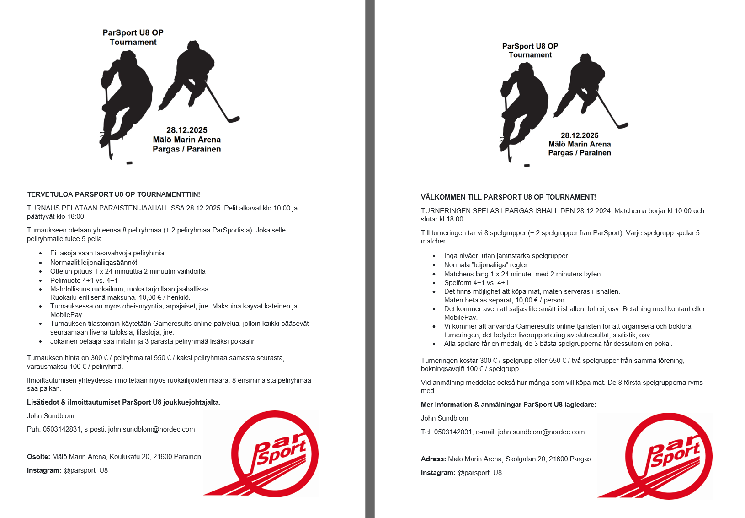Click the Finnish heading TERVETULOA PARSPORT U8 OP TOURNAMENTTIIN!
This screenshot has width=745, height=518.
coord(113,194)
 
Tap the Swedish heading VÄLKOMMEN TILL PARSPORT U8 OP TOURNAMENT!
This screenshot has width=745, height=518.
coord(508,197)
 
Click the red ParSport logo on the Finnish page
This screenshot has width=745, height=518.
coord(270,453)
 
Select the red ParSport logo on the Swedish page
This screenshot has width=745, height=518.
coord(664,455)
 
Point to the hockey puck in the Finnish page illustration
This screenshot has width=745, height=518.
coord(129,163)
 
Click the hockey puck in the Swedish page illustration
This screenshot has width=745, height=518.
coord(527,165)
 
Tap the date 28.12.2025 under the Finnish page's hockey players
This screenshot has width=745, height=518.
coord(186,130)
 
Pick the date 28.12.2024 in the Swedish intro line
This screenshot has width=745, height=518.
coord(594,211)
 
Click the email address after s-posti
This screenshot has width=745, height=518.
coord(151,429)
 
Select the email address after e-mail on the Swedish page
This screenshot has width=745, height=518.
coord(541,432)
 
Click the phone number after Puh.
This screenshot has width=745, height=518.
coord(62,429)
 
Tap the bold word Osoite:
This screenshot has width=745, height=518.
coord(38,457)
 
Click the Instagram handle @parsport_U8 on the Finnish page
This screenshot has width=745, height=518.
coord(85,470)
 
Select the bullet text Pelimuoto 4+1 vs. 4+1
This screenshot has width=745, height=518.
coord(84,281)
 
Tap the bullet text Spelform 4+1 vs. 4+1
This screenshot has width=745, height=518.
coord(476,283)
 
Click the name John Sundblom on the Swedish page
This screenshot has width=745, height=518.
coord(444,418)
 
